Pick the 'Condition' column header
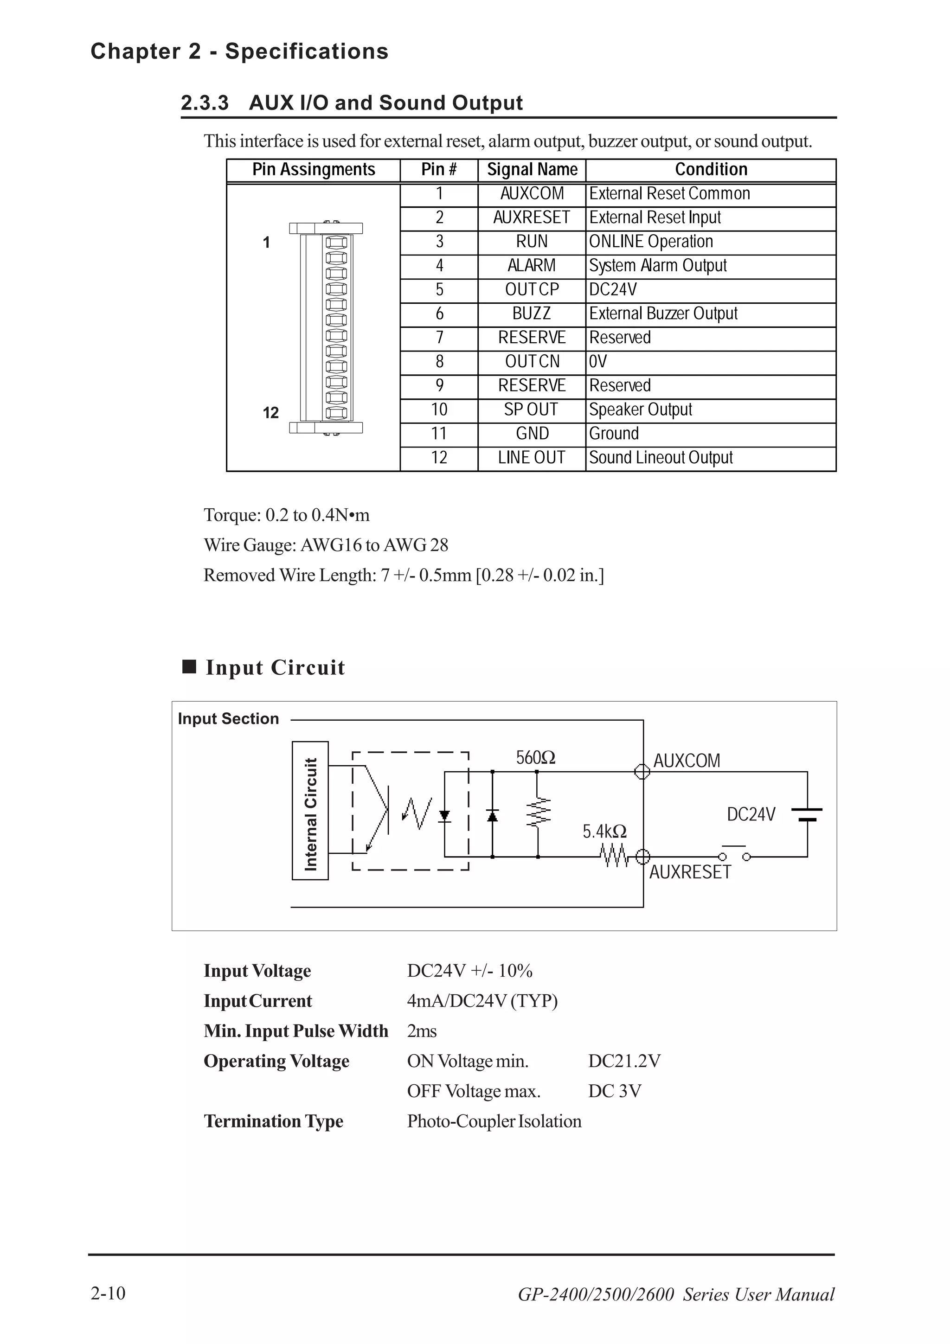711,170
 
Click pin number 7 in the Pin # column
439,338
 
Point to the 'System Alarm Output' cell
657,266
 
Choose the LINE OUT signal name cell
531,458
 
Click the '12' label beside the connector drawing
270,413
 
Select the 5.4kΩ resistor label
604,831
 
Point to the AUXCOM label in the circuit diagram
687,761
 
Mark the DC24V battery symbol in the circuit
807,814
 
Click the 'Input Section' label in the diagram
228,719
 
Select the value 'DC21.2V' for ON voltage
624,1061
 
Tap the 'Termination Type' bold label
273,1121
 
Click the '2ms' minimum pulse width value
422,1031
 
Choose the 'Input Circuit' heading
275,668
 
